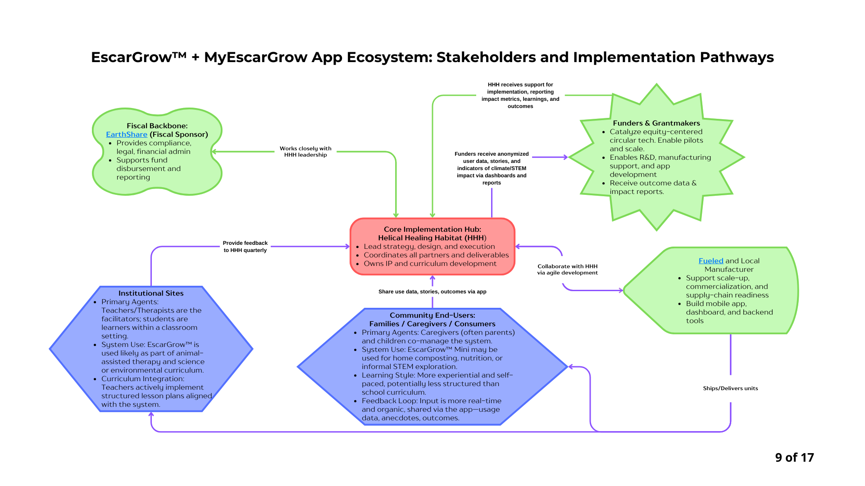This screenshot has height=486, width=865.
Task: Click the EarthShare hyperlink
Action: point(127,135)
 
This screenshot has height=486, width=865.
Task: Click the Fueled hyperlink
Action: point(710,261)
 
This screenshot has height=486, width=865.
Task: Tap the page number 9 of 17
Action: point(794,458)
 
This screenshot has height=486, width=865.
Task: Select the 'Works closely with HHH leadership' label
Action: point(305,152)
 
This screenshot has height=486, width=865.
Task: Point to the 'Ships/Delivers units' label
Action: point(730,388)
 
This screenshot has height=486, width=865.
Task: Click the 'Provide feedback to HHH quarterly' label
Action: point(245,247)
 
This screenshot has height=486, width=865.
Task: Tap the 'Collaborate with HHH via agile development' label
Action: point(567,270)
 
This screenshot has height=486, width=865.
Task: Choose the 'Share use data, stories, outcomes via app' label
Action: point(432,292)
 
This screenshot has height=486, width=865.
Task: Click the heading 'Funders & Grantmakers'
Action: point(656,123)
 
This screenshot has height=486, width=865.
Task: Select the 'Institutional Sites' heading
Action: point(151,293)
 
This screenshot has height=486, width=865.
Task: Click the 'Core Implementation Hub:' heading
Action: point(432,229)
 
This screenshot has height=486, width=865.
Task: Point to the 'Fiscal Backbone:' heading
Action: point(157,126)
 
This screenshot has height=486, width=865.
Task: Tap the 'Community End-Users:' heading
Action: point(432,315)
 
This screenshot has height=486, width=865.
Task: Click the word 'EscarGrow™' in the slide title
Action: point(138,58)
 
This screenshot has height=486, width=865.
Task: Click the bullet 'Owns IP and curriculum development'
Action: point(430,264)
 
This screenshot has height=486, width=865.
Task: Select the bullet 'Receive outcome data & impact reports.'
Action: point(653,187)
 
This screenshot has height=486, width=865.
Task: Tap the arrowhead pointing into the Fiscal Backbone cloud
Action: point(214,152)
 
